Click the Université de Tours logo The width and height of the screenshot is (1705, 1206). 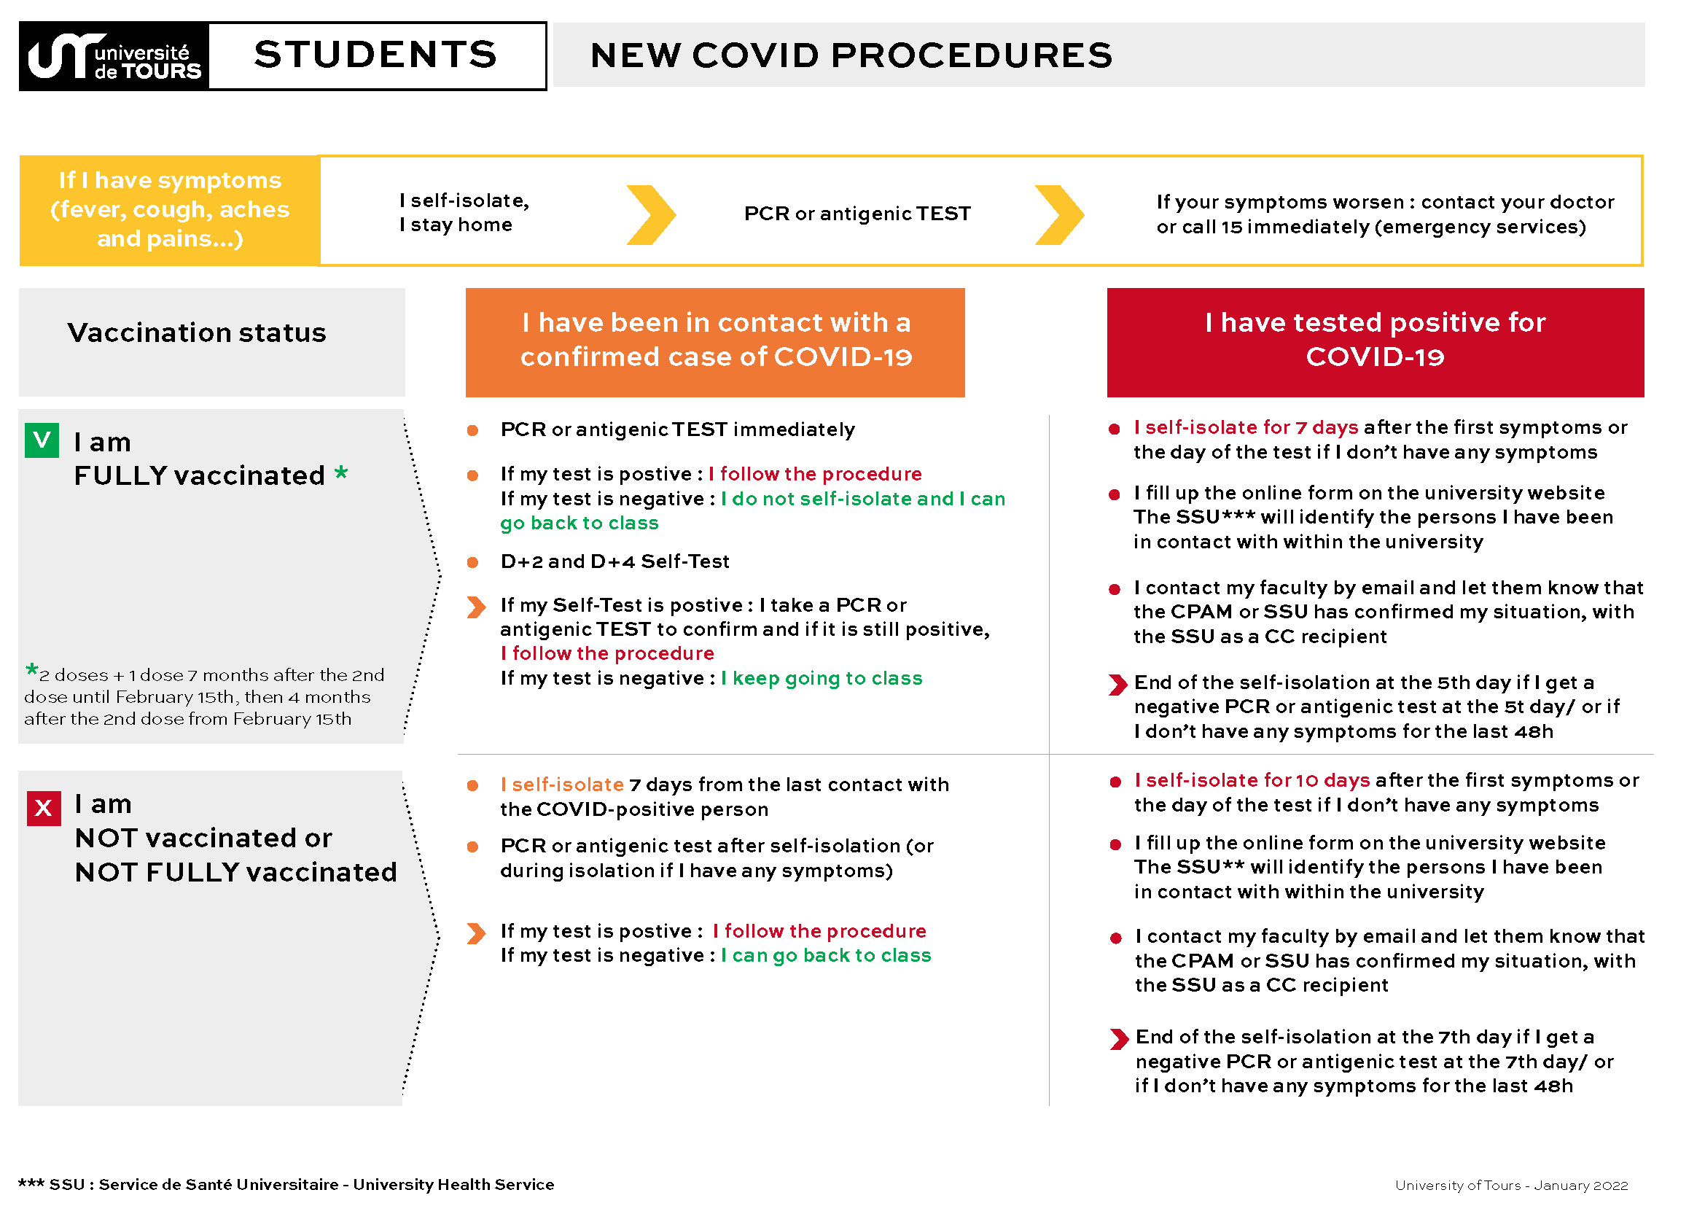coord(114,56)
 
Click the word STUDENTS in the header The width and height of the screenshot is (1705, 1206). coord(375,55)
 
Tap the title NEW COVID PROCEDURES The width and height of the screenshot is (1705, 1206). coord(851,55)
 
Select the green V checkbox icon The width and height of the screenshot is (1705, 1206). coord(42,440)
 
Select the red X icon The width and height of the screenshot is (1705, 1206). coord(44,808)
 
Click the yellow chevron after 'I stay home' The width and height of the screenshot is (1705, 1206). coord(651,214)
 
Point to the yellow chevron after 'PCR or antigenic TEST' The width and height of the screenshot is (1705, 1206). coord(1060,214)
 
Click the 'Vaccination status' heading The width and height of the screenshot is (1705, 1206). coord(197,332)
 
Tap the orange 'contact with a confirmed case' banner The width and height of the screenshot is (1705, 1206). coord(715,343)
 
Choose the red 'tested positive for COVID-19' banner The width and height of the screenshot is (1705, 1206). coord(1376,343)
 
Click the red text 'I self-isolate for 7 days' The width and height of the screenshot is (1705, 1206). coord(1246,427)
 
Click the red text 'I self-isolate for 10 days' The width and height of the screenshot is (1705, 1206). coord(1252,779)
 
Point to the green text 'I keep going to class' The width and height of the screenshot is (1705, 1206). coord(822,678)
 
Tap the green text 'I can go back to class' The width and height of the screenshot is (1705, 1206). coord(827,955)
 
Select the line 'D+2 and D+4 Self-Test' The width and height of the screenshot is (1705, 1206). coord(615,561)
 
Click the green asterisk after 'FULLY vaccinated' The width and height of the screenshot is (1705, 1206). coord(341,472)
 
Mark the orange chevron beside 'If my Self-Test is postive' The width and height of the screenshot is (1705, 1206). coord(477,607)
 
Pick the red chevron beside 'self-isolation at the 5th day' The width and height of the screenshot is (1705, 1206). coord(1117,685)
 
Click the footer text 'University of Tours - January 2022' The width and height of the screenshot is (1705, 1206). coord(1511,1185)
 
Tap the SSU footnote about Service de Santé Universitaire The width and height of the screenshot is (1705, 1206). coord(286,1184)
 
